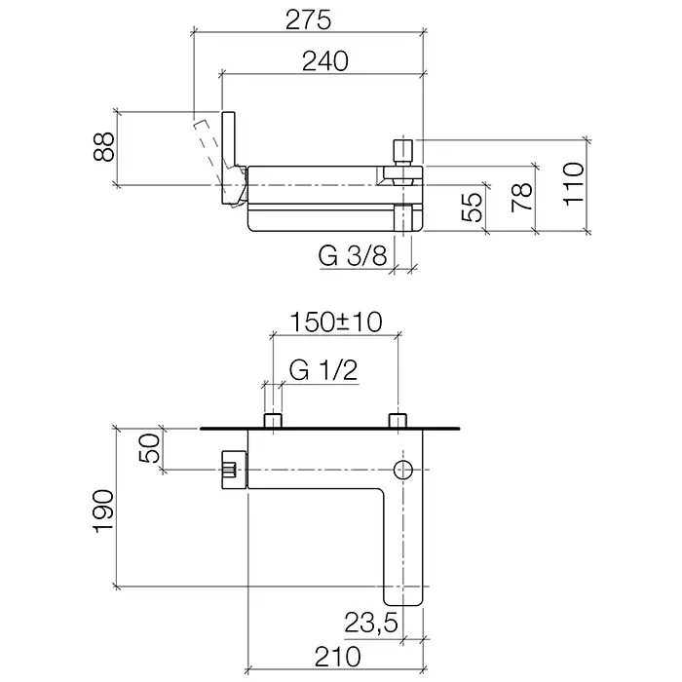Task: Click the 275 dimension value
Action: tap(308, 20)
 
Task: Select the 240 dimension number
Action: tap(325, 60)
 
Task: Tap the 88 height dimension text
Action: tap(104, 146)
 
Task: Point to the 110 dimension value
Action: tap(574, 183)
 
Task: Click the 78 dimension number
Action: tap(522, 198)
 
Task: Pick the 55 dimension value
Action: tap(473, 207)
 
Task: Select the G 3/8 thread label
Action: tap(353, 255)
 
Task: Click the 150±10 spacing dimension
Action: tap(336, 322)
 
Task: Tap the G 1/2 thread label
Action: tap(323, 370)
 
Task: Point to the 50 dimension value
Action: tap(150, 448)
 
